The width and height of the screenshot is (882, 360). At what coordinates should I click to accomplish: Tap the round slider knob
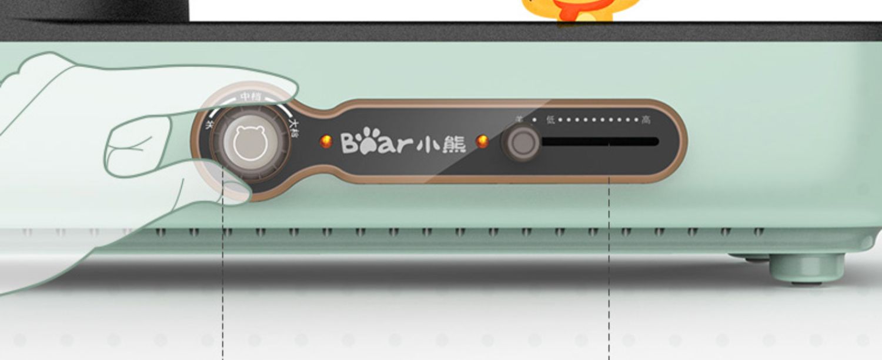tap(520, 143)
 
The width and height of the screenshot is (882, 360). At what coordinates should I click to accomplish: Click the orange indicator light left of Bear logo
tap(325, 142)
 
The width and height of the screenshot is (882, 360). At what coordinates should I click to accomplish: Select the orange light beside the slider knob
tap(482, 141)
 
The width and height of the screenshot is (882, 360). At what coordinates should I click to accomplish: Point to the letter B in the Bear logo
tap(350, 143)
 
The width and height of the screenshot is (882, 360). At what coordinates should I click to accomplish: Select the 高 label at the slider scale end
tap(646, 120)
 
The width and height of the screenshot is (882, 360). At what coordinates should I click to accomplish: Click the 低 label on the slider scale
tap(550, 120)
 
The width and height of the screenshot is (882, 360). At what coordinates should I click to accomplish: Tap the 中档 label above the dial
tap(251, 97)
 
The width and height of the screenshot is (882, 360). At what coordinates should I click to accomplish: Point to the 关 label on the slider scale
tap(519, 119)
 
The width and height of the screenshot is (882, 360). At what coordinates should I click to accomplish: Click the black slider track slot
tap(600, 142)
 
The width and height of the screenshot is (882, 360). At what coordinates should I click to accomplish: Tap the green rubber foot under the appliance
tap(807, 268)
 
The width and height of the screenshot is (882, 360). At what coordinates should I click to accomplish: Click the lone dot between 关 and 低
tap(534, 120)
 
